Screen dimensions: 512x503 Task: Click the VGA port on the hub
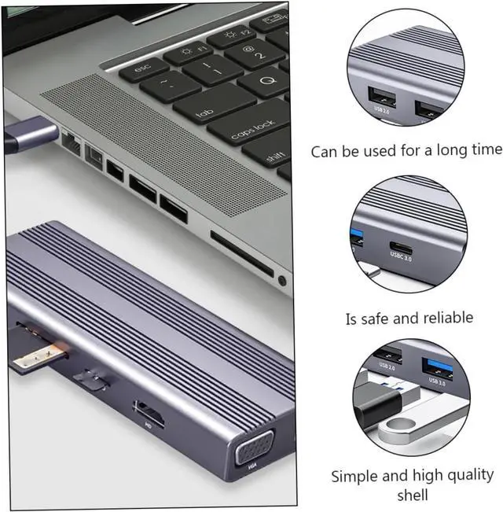(x=251, y=455)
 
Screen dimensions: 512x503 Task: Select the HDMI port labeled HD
(x=149, y=414)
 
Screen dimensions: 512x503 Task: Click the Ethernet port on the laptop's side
(x=72, y=142)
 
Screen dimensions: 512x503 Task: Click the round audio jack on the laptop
(x=281, y=279)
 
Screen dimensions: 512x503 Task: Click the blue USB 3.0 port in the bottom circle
(x=436, y=369)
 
